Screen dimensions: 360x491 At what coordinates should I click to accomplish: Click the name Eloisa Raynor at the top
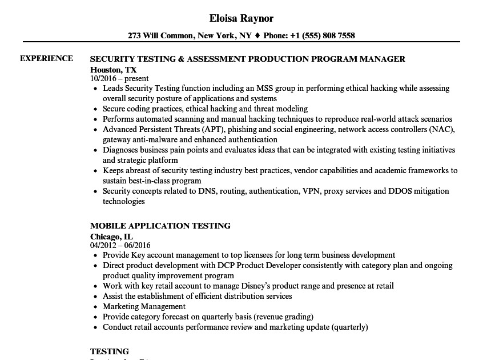click(x=241, y=18)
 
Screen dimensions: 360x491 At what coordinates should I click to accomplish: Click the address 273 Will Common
click(x=162, y=35)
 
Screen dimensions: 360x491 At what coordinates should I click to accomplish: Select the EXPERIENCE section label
click(x=47, y=58)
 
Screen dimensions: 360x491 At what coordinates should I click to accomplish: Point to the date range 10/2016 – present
click(x=119, y=79)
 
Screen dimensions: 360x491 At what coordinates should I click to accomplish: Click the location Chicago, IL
click(x=111, y=236)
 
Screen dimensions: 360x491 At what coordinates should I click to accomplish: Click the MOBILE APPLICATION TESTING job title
click(x=160, y=226)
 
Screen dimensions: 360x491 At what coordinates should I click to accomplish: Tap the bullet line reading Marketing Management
click(x=144, y=307)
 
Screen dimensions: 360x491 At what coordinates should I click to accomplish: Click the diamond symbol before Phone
click(x=257, y=35)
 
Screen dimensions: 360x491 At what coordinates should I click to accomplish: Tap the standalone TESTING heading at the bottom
click(x=110, y=351)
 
